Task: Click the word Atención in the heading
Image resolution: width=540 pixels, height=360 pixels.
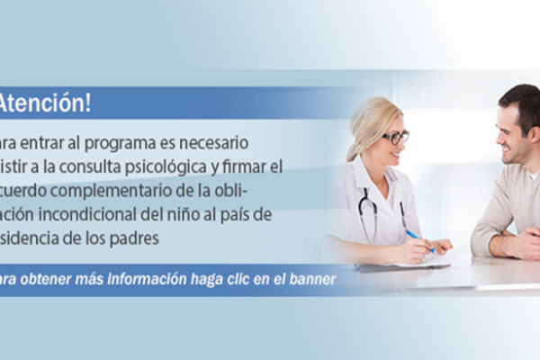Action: click(46, 103)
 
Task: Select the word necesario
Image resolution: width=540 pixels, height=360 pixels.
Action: click(222, 144)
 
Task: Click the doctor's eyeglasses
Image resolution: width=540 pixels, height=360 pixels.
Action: click(394, 138)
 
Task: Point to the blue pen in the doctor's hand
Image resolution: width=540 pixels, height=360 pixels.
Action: click(417, 239)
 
